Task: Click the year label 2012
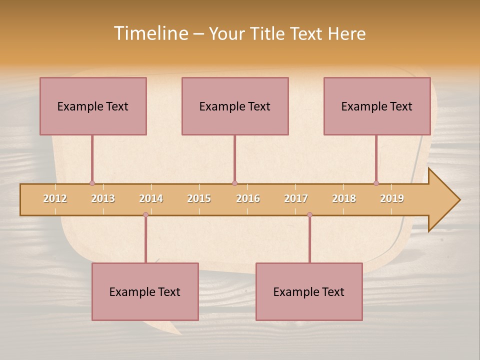[x=55, y=198]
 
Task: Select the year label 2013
[x=103, y=198]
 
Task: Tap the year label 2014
[x=151, y=198]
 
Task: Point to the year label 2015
[x=199, y=198]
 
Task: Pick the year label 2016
[x=248, y=198]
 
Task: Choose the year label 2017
[x=296, y=198]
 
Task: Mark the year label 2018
[x=344, y=198]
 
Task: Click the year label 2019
[x=392, y=198]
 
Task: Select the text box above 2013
[x=93, y=106]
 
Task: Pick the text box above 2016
[x=235, y=106]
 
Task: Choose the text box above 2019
[x=377, y=106]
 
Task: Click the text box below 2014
[x=145, y=291]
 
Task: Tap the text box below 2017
[x=309, y=291]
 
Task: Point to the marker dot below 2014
[x=145, y=214]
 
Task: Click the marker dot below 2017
[x=309, y=214]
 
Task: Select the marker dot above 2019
[x=376, y=183]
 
